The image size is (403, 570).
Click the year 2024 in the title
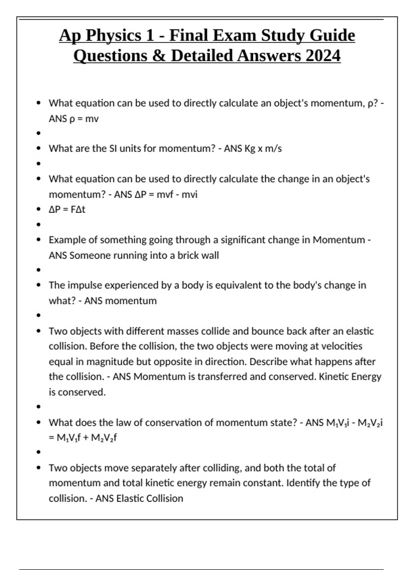323,56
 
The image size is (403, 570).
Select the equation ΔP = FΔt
67,210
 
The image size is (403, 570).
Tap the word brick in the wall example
188,255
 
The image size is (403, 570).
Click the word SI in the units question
113,149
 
